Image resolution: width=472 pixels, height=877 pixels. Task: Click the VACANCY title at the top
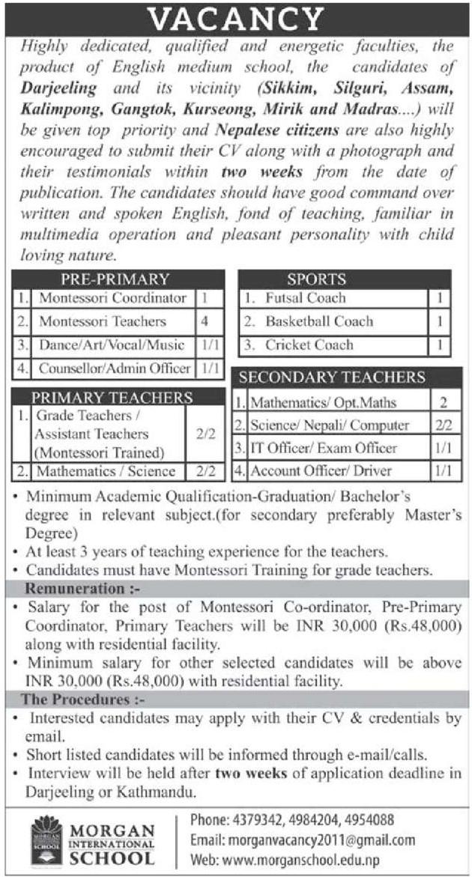236,18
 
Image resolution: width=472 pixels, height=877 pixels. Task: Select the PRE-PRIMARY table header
115,279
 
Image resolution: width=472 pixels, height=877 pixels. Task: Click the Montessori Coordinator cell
112,298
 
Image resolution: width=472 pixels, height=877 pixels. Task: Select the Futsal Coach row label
305,298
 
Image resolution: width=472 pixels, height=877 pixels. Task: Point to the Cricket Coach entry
308,345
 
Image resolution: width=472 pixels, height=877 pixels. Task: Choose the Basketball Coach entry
318,321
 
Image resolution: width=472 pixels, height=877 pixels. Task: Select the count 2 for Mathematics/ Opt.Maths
444,402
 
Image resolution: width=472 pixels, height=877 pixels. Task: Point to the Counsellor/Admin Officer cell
115,368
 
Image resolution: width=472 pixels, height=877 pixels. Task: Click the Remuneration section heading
76,589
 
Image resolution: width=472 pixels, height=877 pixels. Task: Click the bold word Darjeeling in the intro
58,88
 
